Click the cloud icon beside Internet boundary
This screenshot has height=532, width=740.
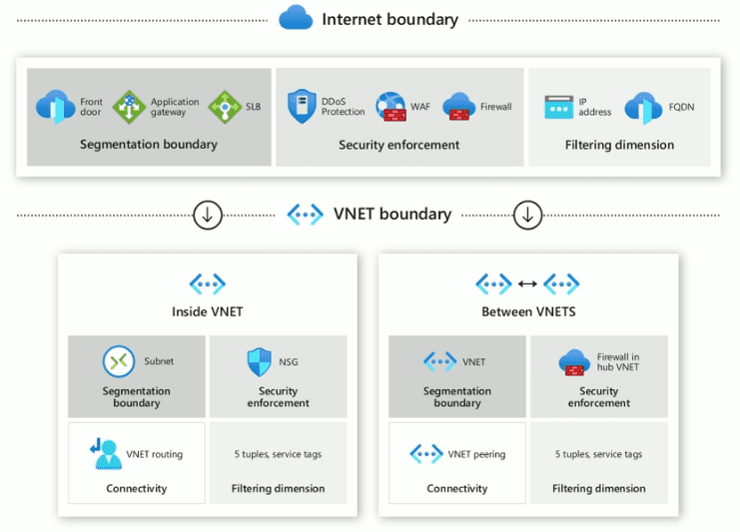pos(296,18)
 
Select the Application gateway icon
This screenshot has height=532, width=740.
pos(129,107)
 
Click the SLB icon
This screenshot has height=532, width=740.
pos(224,107)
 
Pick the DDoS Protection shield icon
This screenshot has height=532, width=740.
pos(302,107)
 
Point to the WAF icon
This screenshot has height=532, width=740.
pos(389,107)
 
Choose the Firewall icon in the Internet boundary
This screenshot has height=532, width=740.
pos(458,107)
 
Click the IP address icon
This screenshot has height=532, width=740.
pos(558,107)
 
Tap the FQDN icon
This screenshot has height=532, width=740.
pos(643,107)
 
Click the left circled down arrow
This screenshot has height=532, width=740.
pos(208,215)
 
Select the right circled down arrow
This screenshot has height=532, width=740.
pos(527,215)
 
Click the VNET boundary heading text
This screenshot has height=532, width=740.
pos(391,215)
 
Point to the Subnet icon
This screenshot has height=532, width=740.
pos(119,361)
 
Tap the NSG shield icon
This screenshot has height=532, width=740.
pos(260,361)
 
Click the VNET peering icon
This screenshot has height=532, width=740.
pos(426,454)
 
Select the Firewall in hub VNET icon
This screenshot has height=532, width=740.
pos(575,362)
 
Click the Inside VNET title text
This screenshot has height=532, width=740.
pos(207,311)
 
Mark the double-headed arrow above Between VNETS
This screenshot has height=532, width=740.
pos(527,284)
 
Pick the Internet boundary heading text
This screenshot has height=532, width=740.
pos(389,19)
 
